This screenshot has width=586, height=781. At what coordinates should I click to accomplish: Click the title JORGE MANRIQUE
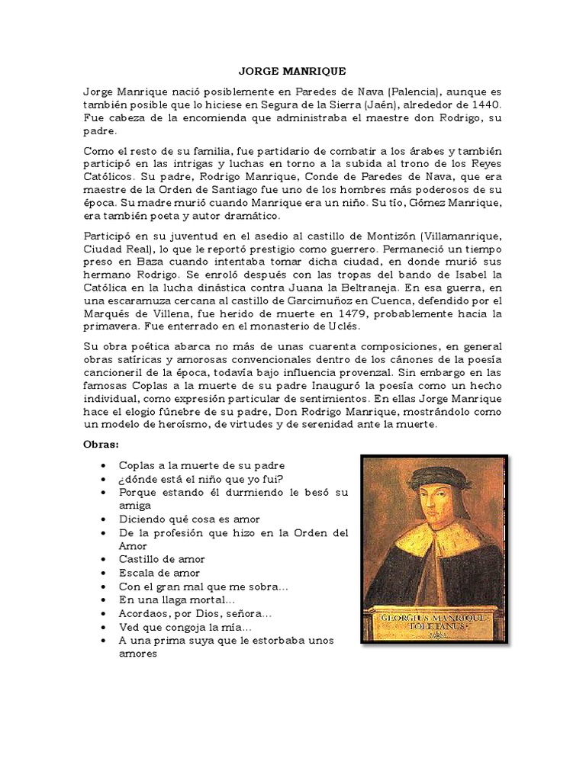pyautogui.click(x=292, y=71)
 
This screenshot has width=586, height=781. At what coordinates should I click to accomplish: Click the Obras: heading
pyautogui.click(x=101, y=443)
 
